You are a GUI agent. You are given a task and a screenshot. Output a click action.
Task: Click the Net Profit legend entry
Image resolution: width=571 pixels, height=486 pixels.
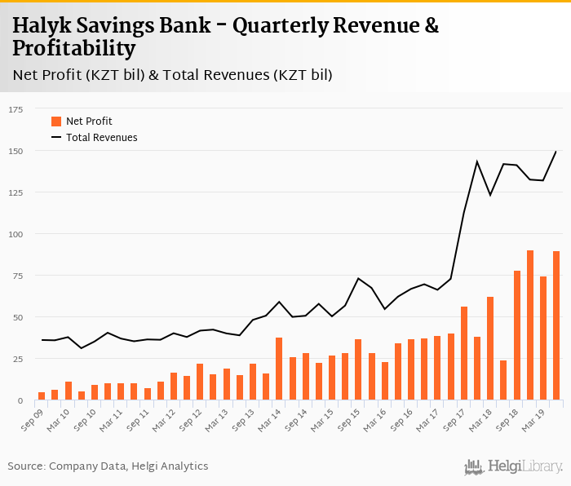click(89, 121)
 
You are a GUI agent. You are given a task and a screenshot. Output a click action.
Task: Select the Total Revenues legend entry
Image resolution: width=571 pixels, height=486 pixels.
click(101, 138)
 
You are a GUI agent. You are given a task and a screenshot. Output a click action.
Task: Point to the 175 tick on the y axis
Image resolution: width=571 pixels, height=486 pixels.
click(15, 109)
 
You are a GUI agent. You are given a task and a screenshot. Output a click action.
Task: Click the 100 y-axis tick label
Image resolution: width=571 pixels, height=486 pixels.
click(15, 234)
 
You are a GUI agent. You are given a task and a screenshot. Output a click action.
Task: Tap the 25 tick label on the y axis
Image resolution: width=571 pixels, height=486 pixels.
click(18, 359)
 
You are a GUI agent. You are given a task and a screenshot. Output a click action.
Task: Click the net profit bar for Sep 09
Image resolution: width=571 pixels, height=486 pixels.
click(42, 396)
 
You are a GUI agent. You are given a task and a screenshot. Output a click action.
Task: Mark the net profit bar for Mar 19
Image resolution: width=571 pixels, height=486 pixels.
click(543, 339)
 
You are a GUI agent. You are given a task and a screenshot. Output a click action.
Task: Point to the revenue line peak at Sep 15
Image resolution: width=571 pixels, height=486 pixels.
click(358, 279)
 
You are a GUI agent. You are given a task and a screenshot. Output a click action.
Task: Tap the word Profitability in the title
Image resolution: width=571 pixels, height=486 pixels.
click(74, 49)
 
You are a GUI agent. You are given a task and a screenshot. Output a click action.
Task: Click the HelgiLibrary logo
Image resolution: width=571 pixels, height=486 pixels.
click(514, 466)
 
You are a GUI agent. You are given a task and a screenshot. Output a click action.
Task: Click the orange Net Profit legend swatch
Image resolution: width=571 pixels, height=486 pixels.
click(56, 121)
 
